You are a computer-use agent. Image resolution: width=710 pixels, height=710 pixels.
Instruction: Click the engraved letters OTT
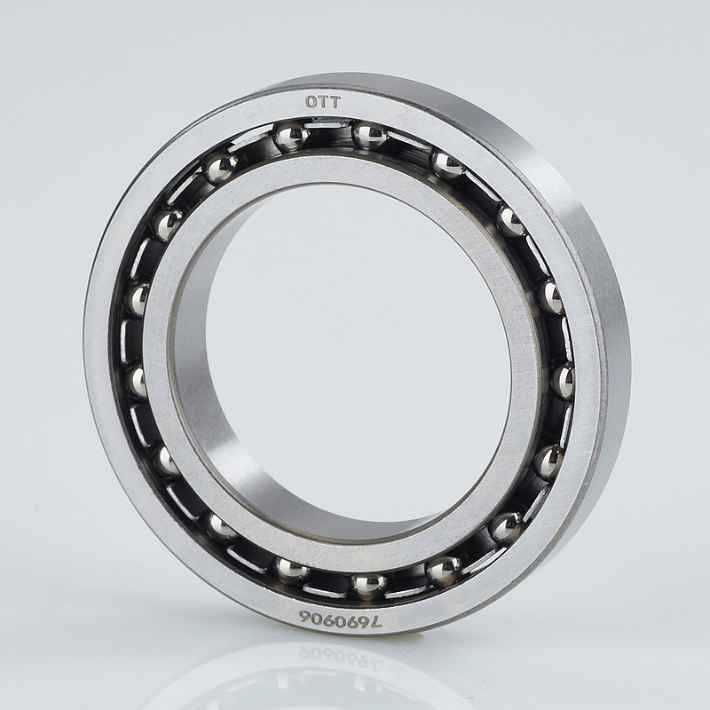pyautogui.click(x=322, y=102)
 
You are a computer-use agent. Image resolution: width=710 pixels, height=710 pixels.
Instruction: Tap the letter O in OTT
pyautogui.click(x=311, y=102)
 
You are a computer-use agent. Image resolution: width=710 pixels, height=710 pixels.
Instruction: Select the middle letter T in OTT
pyautogui.click(x=322, y=102)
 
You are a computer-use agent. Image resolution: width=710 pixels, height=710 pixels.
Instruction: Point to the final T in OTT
pyautogui.click(x=335, y=102)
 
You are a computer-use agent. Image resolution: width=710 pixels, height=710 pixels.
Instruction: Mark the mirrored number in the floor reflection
pyautogui.click(x=341, y=657)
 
